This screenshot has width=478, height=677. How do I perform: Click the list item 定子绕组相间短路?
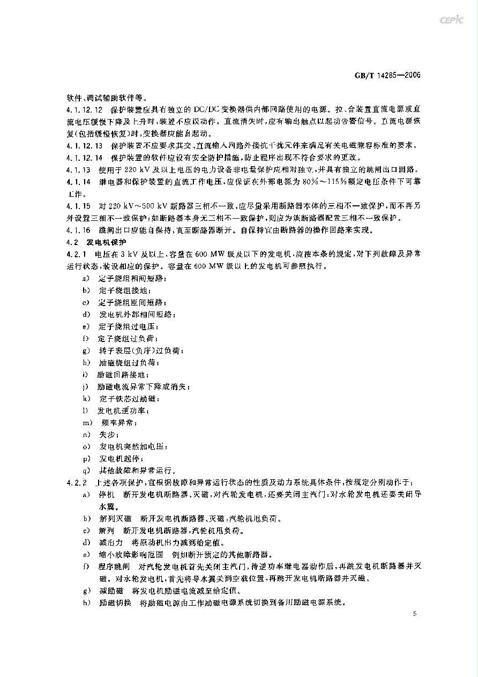pos(132,279)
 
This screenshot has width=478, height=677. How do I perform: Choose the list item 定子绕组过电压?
pos(128,326)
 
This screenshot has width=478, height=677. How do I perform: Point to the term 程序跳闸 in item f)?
pos(114,567)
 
